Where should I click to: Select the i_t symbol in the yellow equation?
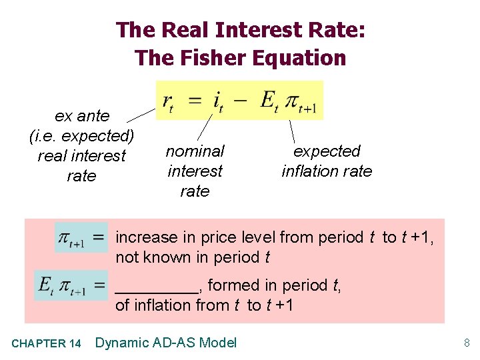pyautogui.click(x=217, y=101)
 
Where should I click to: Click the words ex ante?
pyautogui.click(x=82, y=116)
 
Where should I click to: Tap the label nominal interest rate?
pyautogui.click(x=195, y=171)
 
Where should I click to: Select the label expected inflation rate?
pyautogui.click(x=327, y=161)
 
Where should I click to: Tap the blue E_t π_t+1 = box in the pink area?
pyautogui.click(x=72, y=285)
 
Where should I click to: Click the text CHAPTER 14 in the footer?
pyautogui.click(x=47, y=344)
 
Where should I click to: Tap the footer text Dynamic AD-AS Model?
pyautogui.click(x=166, y=343)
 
